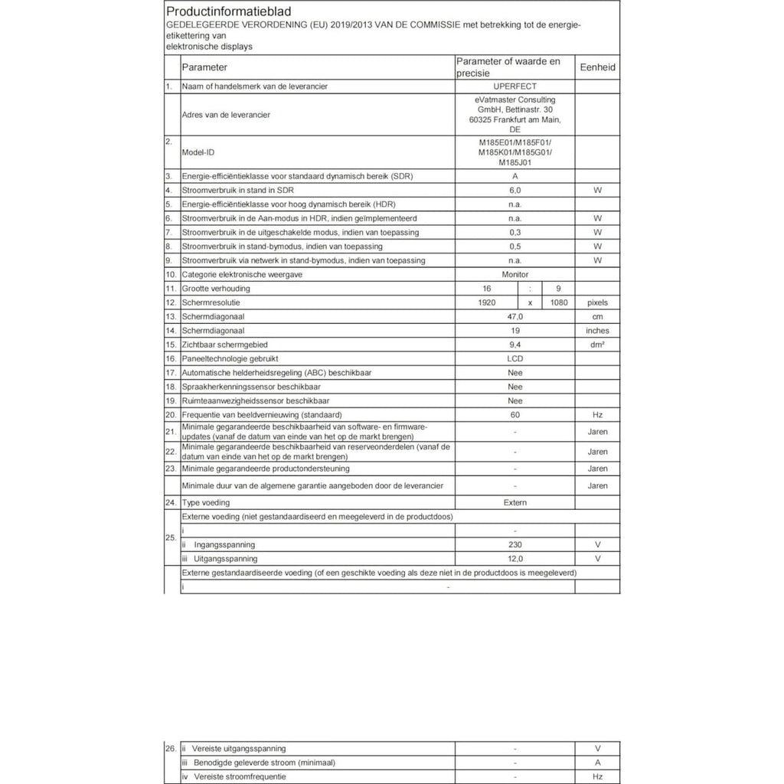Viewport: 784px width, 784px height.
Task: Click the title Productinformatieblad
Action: (217, 12)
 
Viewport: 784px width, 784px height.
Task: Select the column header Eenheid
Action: (597, 67)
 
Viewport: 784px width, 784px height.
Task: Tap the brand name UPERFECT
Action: (514, 87)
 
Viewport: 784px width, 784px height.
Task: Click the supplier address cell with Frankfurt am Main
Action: (514, 115)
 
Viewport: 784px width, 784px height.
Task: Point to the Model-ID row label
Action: (198, 152)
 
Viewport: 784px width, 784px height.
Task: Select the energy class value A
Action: (514, 176)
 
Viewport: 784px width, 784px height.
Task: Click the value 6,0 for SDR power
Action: (514, 190)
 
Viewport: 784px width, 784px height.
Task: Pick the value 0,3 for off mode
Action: (514, 232)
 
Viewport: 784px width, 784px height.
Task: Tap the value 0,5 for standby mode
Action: (514, 247)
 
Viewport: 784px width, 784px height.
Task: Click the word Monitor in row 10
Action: (514, 274)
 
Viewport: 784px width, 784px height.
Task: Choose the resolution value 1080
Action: (558, 302)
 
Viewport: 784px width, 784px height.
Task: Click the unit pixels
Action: (597, 302)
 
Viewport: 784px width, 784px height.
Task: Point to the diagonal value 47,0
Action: (514, 316)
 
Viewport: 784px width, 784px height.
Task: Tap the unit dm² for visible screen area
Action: (597, 345)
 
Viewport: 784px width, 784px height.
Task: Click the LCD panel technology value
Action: (514, 358)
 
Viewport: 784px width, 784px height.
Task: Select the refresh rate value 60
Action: (514, 414)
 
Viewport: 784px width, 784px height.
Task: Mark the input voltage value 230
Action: (514, 544)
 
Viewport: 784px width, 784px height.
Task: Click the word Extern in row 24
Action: (514, 502)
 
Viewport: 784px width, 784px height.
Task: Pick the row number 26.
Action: (171, 748)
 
